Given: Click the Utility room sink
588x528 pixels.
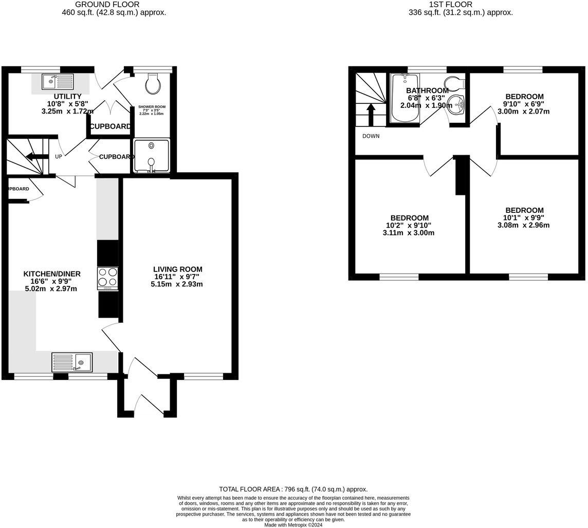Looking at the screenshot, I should tap(58, 81).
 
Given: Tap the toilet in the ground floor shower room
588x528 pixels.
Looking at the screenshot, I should tap(153, 84).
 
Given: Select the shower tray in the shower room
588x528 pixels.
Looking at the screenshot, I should tap(151, 156).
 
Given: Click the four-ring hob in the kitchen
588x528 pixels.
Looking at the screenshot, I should tap(108, 278).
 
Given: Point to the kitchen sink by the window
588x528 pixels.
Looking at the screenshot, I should tap(72, 362).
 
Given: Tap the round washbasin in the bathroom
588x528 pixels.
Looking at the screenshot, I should tap(456, 105).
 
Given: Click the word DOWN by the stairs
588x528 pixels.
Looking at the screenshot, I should tap(371, 136).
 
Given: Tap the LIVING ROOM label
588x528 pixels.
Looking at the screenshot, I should tap(177, 269).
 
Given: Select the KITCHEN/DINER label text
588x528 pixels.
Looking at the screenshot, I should tap(52, 274).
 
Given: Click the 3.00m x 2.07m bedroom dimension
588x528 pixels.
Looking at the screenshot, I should tap(524, 111).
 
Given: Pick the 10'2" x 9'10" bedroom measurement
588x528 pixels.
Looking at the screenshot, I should tap(409, 225).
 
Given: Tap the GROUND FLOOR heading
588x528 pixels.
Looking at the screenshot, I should tap(107, 5).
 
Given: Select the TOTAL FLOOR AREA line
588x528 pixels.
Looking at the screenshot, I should tap(293, 489).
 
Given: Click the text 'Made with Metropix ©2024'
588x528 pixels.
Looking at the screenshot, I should tap(293, 525).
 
